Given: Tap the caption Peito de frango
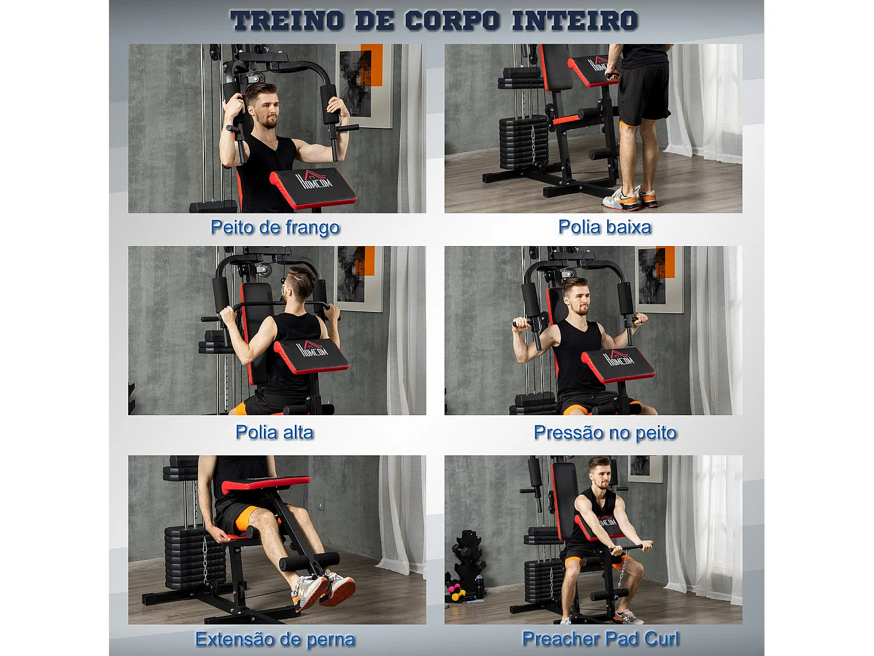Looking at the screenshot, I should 275,227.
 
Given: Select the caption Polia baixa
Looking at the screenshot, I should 604,227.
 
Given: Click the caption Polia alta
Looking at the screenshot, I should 274,433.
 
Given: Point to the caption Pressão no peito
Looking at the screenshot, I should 605,433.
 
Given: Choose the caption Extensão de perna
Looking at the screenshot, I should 275,639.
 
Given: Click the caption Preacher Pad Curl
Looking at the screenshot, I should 601,639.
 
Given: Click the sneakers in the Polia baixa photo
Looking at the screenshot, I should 629,199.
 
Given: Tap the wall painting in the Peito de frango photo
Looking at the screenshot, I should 364,85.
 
